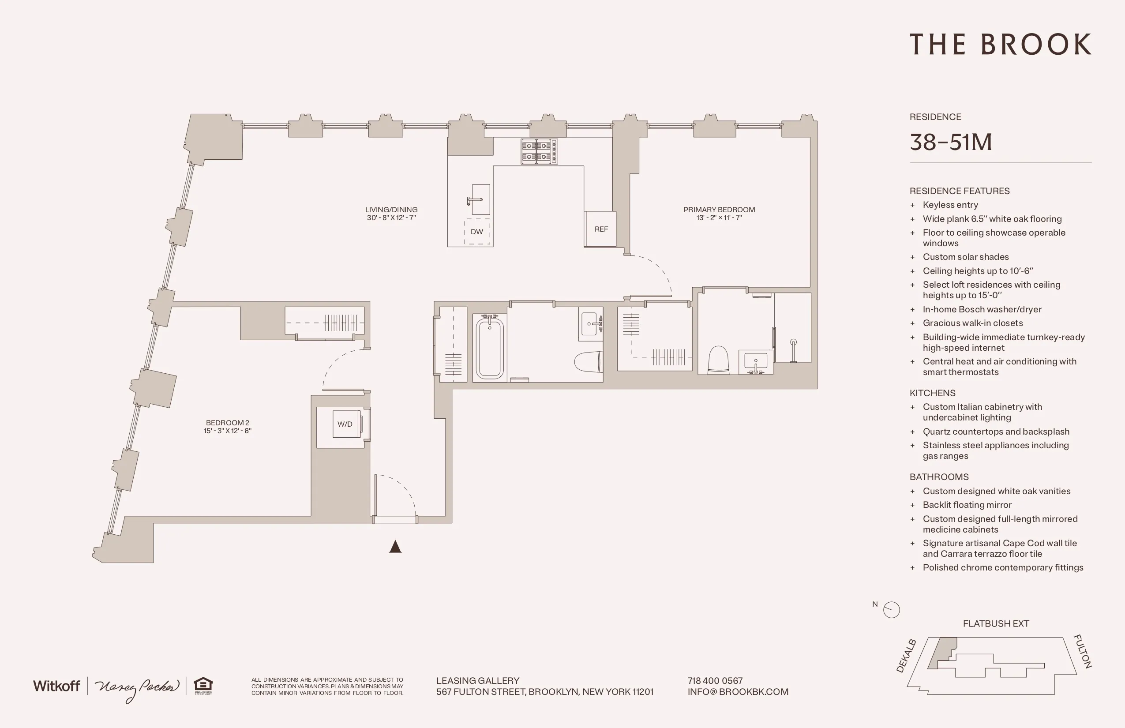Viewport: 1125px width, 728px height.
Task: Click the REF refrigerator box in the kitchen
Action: click(x=600, y=229)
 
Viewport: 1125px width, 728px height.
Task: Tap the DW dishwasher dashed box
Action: click(x=477, y=232)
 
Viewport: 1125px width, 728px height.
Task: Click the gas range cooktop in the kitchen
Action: click(x=539, y=151)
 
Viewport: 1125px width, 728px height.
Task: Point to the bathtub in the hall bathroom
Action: click(x=490, y=348)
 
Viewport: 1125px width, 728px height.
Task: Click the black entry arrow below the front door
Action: click(x=395, y=547)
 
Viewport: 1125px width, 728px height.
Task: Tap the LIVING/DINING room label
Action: click(x=391, y=210)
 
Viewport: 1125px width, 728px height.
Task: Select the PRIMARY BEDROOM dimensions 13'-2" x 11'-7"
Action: click(x=719, y=218)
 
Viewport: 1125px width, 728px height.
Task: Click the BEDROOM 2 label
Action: click(x=227, y=423)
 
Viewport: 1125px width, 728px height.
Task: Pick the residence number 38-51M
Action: click(x=951, y=142)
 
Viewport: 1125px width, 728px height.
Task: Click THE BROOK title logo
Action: click(x=1000, y=45)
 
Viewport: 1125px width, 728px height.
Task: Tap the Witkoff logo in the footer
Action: click(x=56, y=686)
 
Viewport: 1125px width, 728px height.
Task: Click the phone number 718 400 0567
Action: click(x=715, y=681)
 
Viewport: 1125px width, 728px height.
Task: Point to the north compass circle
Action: click(x=892, y=610)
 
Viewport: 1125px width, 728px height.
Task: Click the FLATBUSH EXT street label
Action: click(x=995, y=623)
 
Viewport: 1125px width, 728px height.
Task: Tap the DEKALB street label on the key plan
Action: click(x=906, y=656)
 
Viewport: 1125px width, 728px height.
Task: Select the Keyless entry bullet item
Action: click(x=950, y=205)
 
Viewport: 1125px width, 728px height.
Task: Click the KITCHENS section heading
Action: click(x=932, y=393)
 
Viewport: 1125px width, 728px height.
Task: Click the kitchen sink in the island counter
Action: click(x=480, y=199)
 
